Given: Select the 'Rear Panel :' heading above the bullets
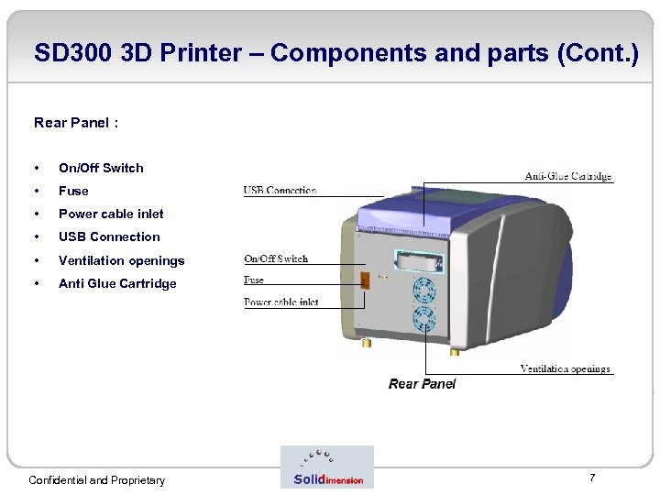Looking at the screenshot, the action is (x=76, y=122).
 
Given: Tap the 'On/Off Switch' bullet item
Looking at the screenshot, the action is (x=101, y=168).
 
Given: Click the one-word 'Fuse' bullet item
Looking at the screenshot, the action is (x=73, y=191).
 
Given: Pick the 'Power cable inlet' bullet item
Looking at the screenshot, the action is (x=111, y=214).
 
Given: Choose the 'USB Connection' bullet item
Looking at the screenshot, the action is (x=109, y=236).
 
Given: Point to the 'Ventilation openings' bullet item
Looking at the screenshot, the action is (x=121, y=260).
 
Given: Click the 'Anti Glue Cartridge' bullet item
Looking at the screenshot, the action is (x=117, y=283).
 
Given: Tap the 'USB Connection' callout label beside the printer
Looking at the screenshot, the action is (x=280, y=191).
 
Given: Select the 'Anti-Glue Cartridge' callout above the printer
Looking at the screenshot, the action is (x=567, y=176).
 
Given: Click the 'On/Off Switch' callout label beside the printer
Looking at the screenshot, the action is (x=276, y=259).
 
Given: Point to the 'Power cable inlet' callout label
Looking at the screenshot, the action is (x=280, y=302).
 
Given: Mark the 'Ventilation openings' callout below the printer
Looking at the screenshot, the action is (x=565, y=368).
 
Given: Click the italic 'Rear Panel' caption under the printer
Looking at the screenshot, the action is (x=422, y=384).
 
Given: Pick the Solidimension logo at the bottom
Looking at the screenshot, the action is (x=327, y=467).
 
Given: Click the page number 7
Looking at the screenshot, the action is (x=592, y=478).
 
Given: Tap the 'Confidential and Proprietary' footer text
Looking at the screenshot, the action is (x=97, y=480).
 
